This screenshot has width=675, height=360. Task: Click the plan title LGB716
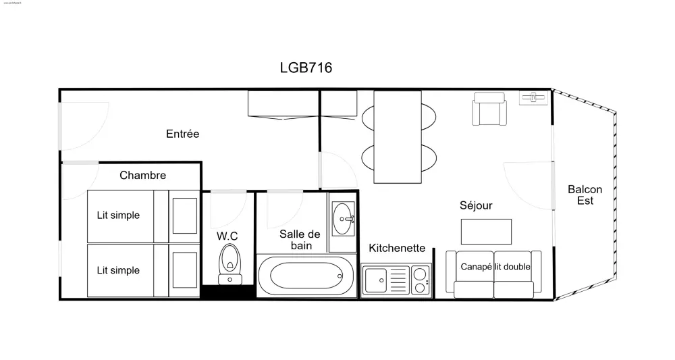point(306,68)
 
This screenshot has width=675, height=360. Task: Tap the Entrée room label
point(182,134)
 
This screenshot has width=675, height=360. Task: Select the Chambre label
point(142,176)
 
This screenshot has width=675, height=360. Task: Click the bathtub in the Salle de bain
point(306,276)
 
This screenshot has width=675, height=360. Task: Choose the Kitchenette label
point(397,248)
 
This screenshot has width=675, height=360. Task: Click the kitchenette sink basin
point(375,279)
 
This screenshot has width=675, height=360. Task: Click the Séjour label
point(476,205)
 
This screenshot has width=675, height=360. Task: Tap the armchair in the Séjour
point(489,109)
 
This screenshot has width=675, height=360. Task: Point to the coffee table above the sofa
point(486,231)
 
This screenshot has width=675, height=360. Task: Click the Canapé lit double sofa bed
point(494,274)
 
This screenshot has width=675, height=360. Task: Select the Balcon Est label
point(585,195)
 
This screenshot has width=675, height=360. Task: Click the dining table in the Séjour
point(398,136)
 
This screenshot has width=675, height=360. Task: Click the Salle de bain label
point(300,240)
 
